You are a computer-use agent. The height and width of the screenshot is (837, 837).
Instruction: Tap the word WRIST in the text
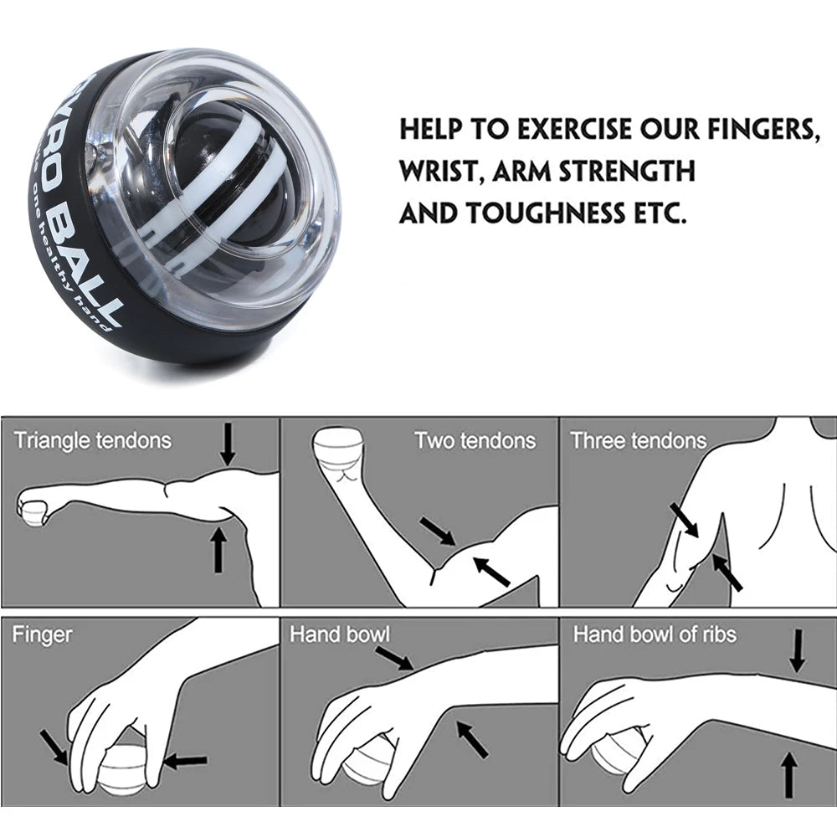[440, 172]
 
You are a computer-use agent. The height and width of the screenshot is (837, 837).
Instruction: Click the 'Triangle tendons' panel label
[92, 440]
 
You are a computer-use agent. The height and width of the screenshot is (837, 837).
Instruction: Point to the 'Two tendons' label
[475, 440]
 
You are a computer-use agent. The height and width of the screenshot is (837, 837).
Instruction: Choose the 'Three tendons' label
[638, 440]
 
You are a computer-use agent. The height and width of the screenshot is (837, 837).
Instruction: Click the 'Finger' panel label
[42, 634]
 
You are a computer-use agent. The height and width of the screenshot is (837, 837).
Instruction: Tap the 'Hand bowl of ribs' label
[655, 634]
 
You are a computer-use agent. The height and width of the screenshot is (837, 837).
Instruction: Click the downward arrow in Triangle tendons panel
[228, 444]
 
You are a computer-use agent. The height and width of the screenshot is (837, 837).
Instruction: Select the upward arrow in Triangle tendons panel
[218, 548]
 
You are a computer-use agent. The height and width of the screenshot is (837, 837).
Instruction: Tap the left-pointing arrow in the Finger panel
[186, 761]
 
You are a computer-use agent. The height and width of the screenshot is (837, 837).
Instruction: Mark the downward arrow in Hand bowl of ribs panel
[798, 650]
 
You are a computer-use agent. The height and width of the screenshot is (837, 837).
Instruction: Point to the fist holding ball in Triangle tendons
[33, 507]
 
